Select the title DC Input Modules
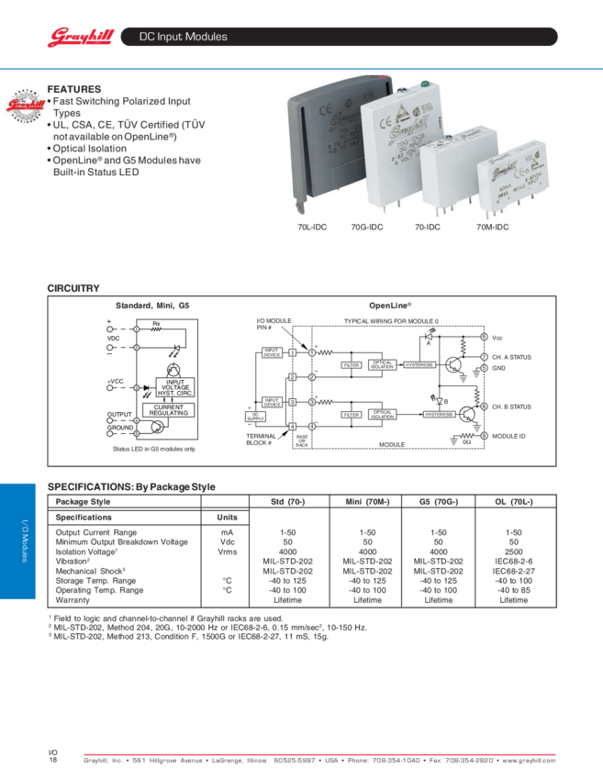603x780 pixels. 183,37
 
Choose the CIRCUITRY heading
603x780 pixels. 73,289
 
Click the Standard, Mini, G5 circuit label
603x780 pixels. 151,305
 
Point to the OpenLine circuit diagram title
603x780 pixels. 389,305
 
